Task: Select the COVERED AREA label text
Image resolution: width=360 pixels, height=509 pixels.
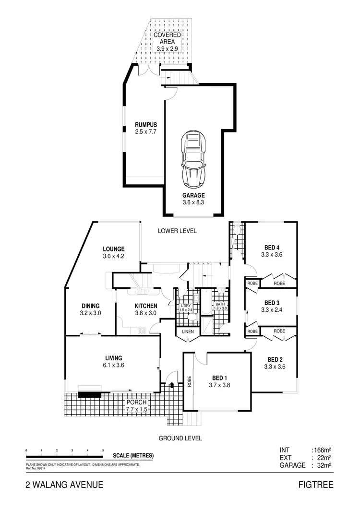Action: pos(167,42)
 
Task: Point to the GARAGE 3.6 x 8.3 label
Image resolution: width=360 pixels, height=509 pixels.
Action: pos(193,199)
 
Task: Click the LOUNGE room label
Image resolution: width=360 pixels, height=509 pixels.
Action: pos(114,252)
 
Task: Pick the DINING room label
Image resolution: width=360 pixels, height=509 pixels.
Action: pos(90,309)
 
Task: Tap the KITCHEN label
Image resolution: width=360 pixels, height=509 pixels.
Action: pos(132,309)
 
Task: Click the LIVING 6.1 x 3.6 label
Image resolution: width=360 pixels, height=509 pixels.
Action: pos(114,361)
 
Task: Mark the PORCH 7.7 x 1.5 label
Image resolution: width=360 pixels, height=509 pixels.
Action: pos(136,406)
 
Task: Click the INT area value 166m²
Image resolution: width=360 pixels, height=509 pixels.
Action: pos(322,450)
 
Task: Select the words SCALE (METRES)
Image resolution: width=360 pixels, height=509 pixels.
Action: pos(133,456)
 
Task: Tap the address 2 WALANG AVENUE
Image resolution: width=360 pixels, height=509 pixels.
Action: pos(64,485)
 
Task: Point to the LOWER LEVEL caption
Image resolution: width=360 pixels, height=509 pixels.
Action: pos(177,231)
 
